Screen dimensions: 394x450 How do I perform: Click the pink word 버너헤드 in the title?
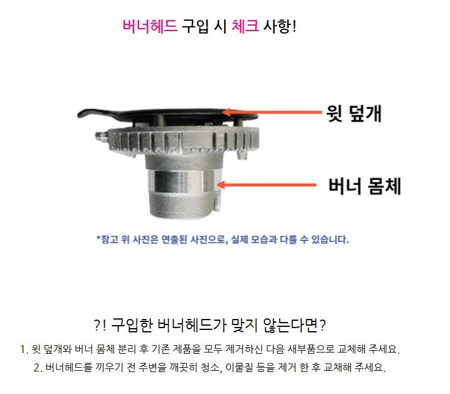150,27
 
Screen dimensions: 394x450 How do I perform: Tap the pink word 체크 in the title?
244,27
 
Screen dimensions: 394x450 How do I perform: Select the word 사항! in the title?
279,27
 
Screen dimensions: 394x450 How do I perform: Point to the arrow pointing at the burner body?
268,184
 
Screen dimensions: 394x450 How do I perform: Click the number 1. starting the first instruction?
25,350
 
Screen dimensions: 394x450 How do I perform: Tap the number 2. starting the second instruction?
38,368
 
